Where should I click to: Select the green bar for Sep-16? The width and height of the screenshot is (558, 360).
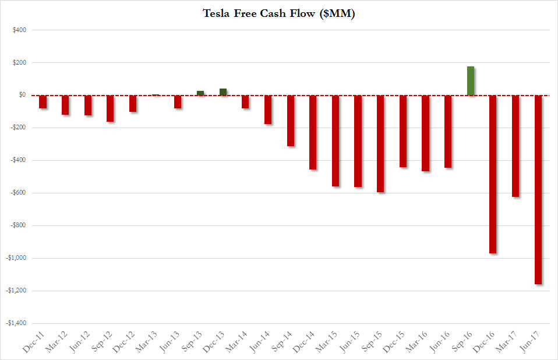pos(471,81)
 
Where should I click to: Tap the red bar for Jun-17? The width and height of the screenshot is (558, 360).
pos(538,189)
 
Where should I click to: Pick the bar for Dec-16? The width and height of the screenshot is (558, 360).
pos(493,174)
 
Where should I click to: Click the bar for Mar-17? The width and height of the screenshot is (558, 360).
pos(515,146)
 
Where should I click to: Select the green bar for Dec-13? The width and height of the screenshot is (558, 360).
pos(223,91)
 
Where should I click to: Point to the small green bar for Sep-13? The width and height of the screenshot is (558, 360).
pos(200,93)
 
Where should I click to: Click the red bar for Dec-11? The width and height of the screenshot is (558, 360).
pos(43,101)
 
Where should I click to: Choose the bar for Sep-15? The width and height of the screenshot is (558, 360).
pos(380,143)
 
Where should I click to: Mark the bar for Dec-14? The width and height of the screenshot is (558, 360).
pos(313,132)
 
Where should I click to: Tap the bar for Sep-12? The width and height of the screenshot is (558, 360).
pos(110,108)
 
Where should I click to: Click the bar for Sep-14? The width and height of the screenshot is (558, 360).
pos(291,120)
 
